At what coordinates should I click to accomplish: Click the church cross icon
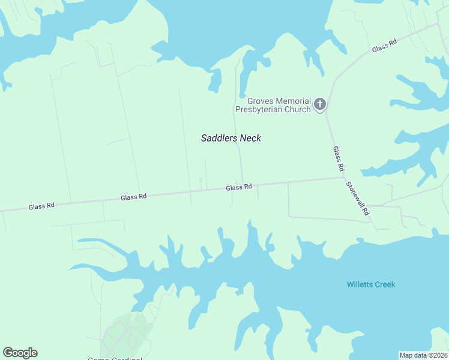[x=320, y=104]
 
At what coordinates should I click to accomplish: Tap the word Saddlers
[x=219, y=138]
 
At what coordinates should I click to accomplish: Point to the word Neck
[x=250, y=138]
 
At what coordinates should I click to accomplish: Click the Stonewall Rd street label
[x=358, y=199]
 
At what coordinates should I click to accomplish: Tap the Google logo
[x=20, y=353]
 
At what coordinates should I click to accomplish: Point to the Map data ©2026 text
[x=423, y=355]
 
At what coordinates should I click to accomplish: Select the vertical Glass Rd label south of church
[x=337, y=158]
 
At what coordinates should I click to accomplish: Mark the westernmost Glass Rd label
[x=41, y=206]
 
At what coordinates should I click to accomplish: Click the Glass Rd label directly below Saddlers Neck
[x=238, y=188]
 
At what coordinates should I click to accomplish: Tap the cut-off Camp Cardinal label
[x=115, y=358]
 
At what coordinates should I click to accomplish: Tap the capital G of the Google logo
[x=8, y=353]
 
